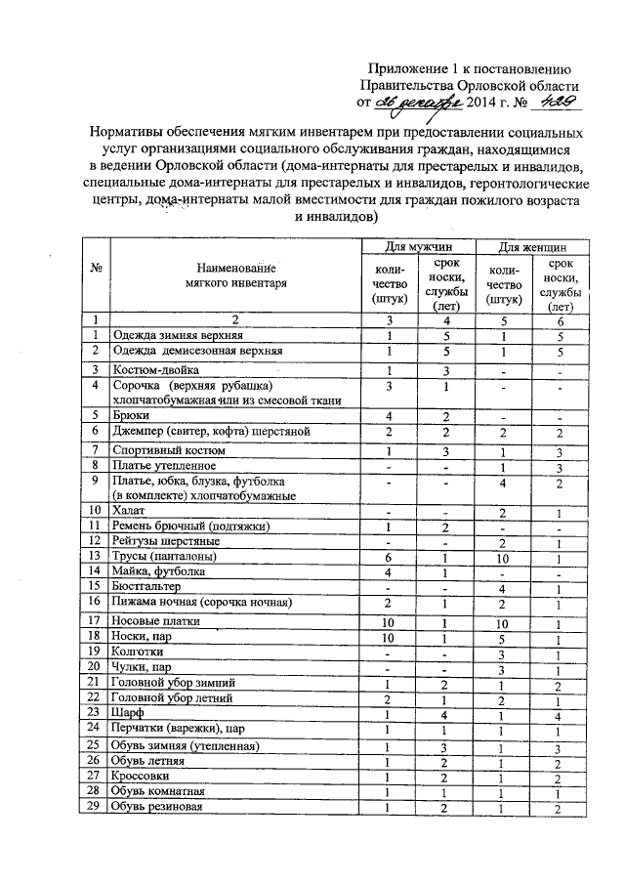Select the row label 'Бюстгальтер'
152,588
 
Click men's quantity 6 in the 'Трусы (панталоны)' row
389,556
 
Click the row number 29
95,806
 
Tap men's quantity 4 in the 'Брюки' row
389,415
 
